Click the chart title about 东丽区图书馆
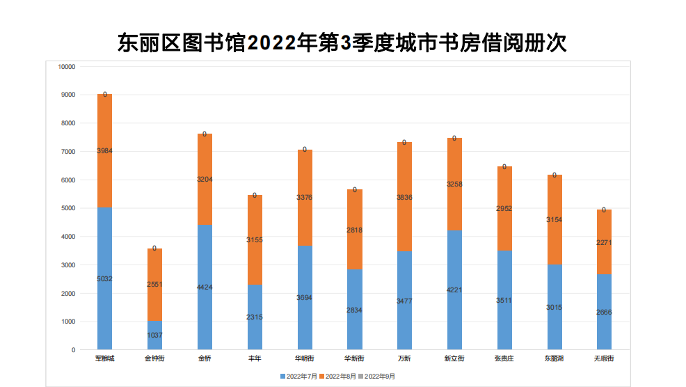coord(342,42)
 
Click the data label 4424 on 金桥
coord(205,287)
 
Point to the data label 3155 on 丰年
coord(255,239)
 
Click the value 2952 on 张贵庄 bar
coord(504,208)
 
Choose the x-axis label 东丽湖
coord(555,358)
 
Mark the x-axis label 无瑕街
coord(604,358)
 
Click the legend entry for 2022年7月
coord(300,377)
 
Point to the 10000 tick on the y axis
coord(67,67)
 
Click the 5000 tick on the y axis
coord(68,208)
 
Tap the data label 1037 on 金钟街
coord(154,335)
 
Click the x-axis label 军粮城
coord(104,358)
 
